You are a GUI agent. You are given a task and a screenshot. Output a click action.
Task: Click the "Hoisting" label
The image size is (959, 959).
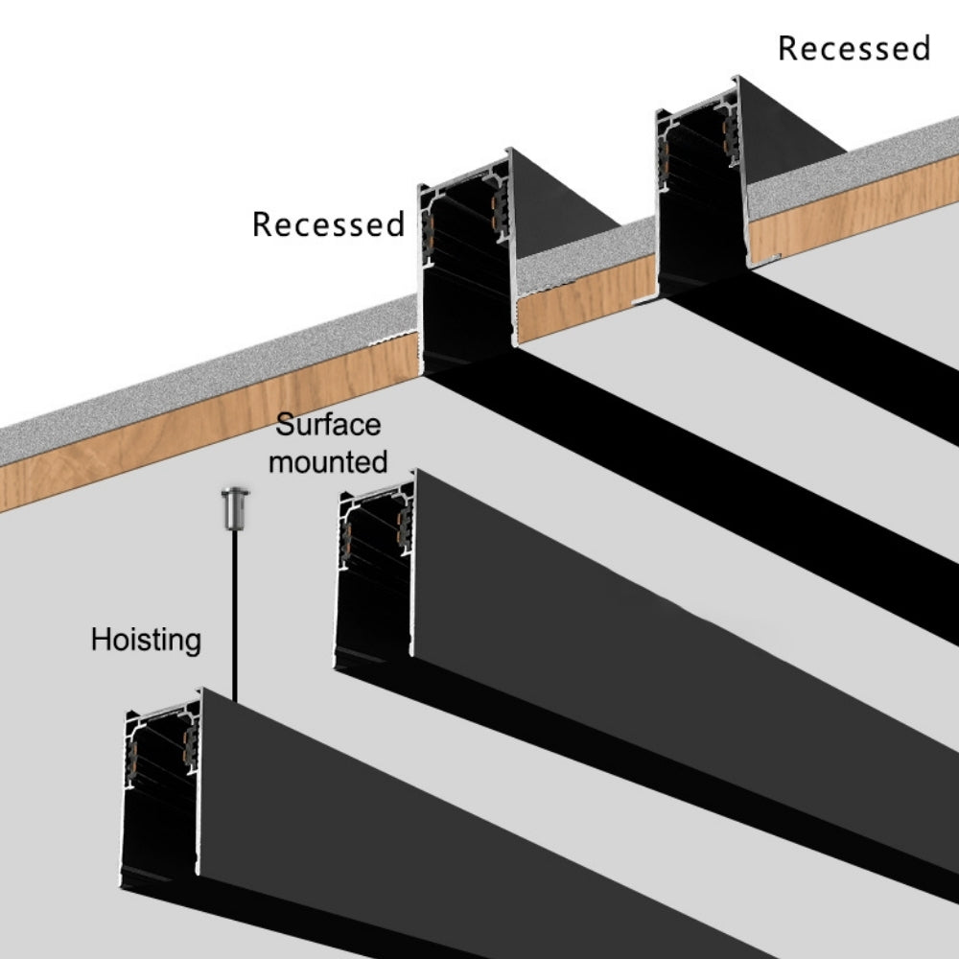click(146, 640)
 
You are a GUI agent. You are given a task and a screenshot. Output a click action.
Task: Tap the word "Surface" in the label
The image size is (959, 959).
click(328, 425)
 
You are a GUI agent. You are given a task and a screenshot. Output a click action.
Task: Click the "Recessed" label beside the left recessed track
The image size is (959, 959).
click(328, 224)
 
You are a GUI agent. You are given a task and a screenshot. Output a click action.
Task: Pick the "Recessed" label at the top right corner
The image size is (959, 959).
click(854, 48)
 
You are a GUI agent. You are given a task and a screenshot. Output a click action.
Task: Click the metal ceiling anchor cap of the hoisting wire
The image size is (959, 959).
click(234, 503)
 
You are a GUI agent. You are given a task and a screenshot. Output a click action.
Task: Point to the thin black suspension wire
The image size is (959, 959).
click(234, 614)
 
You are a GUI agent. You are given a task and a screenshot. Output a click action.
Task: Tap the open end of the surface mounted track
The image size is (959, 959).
click(374, 575)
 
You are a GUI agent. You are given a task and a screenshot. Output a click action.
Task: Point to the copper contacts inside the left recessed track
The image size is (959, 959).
click(498, 211)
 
